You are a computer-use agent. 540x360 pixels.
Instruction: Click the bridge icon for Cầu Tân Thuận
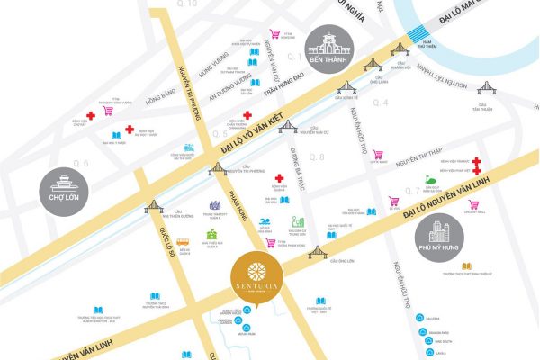[486, 88]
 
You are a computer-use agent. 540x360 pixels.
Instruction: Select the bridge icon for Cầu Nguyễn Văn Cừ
[288, 126]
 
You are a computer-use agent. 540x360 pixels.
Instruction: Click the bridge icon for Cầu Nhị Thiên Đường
[154, 206]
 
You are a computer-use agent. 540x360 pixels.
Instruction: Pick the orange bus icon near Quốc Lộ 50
[183, 242]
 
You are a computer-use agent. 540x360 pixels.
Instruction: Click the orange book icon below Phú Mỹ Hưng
[466, 265]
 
